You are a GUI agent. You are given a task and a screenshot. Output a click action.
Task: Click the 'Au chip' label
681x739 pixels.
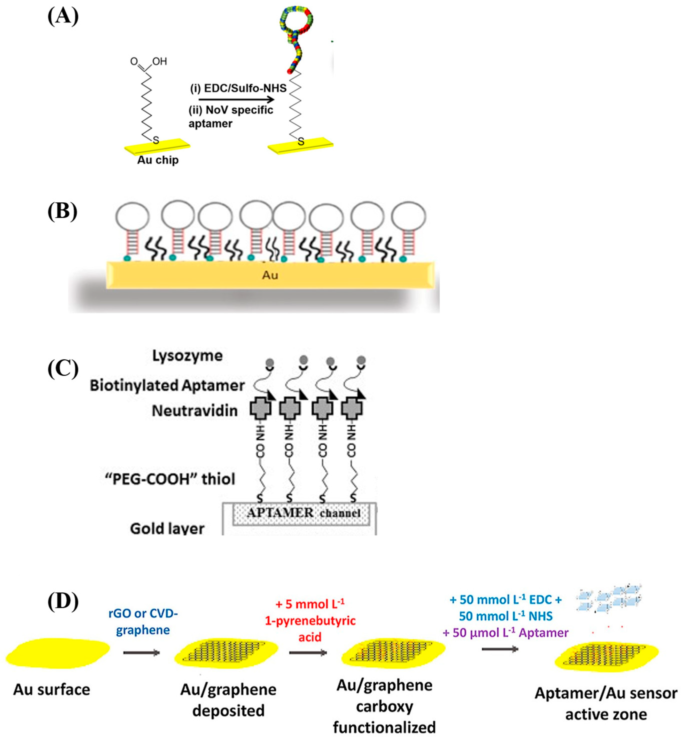[158, 160]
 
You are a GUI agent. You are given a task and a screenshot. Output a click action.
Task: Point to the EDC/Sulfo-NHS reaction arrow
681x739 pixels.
[236, 100]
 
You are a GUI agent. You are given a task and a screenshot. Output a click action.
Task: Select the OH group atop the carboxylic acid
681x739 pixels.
[159, 61]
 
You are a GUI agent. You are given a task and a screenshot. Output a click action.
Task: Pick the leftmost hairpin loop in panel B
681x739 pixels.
[132, 217]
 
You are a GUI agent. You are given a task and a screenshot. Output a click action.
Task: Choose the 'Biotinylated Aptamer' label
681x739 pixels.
[167, 386]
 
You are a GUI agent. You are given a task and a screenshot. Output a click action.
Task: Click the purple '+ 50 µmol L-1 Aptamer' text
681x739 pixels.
[506, 633]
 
